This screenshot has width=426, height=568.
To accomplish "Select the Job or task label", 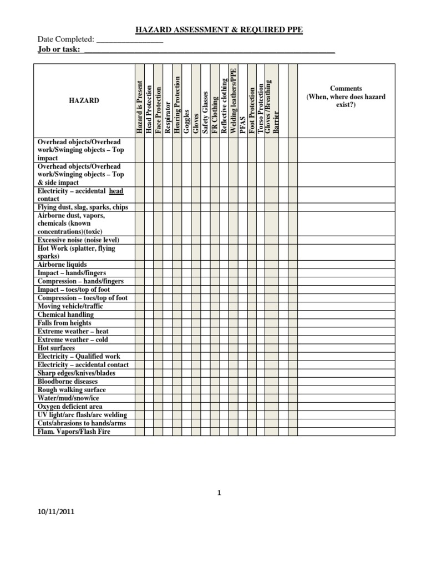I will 58,50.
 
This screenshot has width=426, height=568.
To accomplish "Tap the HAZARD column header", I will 84,101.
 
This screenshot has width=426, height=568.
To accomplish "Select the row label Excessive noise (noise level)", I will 78,240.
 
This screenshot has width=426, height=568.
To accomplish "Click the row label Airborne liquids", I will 62,265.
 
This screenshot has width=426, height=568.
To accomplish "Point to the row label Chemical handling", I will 65,315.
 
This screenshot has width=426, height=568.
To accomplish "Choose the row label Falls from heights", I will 64,323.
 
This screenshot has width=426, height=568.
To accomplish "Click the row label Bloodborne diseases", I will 67,382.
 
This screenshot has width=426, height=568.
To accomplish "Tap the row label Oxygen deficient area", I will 70,407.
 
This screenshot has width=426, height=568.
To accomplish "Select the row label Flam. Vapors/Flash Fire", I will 74,432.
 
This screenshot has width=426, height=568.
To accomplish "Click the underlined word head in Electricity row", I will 116,191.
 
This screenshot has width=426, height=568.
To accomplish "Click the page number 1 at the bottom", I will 220,491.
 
